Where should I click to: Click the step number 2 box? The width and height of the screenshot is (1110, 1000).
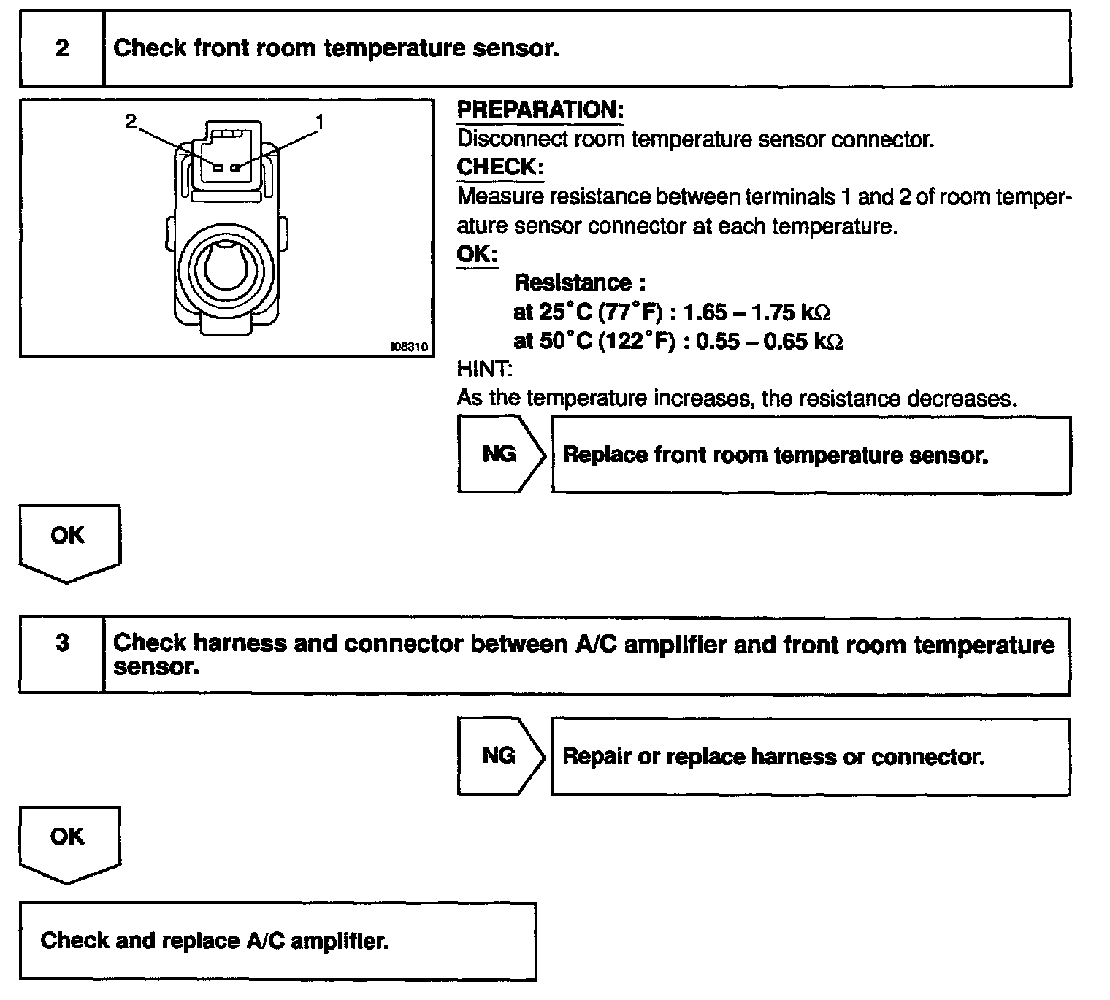[x=62, y=48]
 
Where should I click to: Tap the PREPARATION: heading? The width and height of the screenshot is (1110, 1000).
[x=540, y=110]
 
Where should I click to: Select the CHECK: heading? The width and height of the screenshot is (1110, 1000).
[x=500, y=167]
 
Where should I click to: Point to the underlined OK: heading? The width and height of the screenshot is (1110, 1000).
[x=477, y=255]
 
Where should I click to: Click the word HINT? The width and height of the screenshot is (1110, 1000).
[x=484, y=369]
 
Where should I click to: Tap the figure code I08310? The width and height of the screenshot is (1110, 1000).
[x=410, y=347]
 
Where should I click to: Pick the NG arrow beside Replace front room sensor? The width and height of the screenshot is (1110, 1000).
[x=501, y=454]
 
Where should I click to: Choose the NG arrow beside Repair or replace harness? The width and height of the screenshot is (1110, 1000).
[x=501, y=755]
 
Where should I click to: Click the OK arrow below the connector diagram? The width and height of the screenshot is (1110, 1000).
[x=69, y=540]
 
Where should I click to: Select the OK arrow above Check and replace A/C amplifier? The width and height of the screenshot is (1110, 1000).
[x=69, y=841]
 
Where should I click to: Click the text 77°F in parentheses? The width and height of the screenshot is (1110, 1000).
[x=629, y=312]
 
